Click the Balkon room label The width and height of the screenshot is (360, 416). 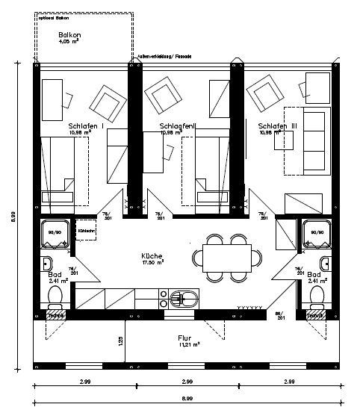pos(72,35)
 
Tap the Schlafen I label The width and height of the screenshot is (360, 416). pos(84,126)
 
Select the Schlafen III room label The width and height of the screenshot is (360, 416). pos(277,126)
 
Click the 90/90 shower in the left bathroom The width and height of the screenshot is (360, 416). pos(54,233)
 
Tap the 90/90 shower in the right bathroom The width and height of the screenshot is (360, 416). pos(315,233)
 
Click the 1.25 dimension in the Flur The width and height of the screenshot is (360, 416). pos(120,341)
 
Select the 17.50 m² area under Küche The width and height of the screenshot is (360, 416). pos(153,263)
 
